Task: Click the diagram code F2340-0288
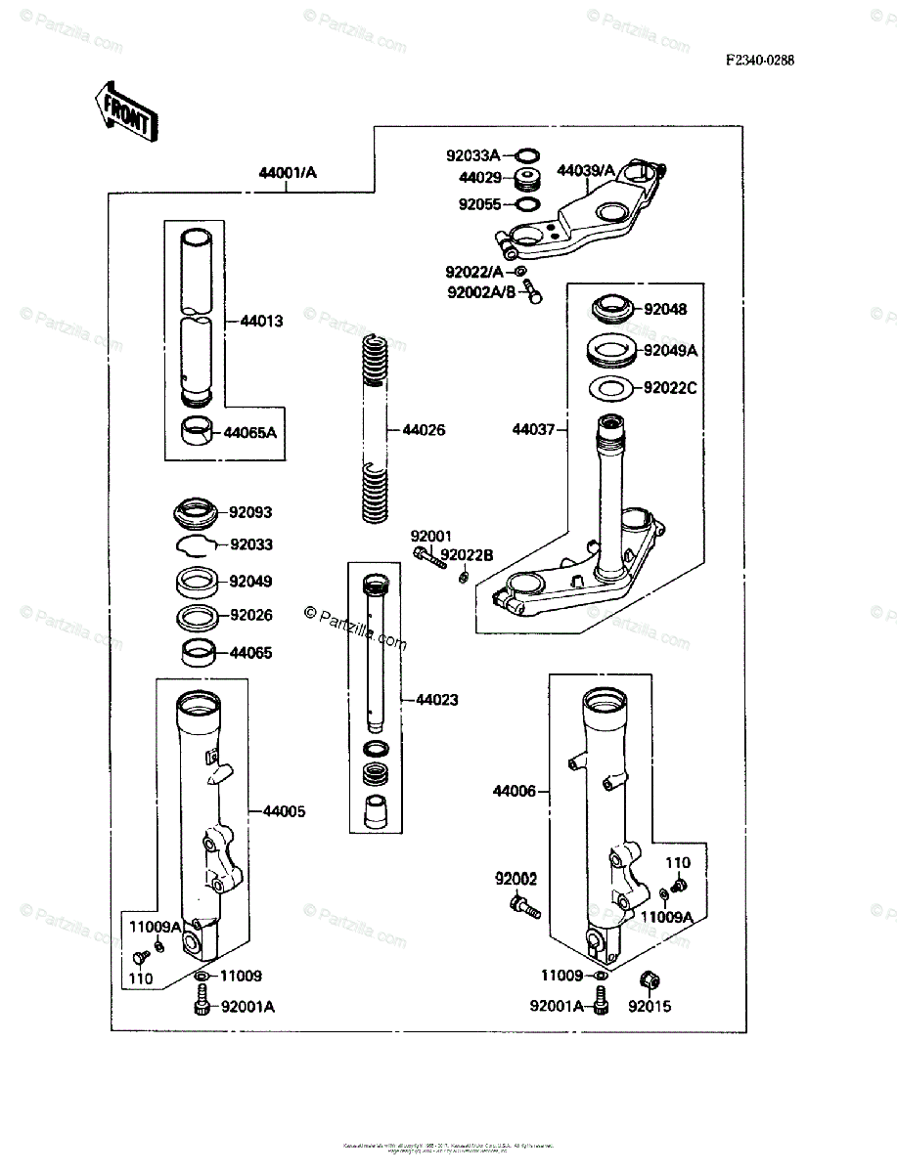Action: coord(759,60)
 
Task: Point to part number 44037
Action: coord(533,429)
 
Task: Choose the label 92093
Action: coord(250,511)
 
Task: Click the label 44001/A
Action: coord(288,173)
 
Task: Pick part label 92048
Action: coord(665,309)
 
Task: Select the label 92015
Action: coord(650,1006)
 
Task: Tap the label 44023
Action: coord(436,700)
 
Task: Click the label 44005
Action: coord(284,810)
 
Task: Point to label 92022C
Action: coord(670,388)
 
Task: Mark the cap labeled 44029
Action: coord(529,180)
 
